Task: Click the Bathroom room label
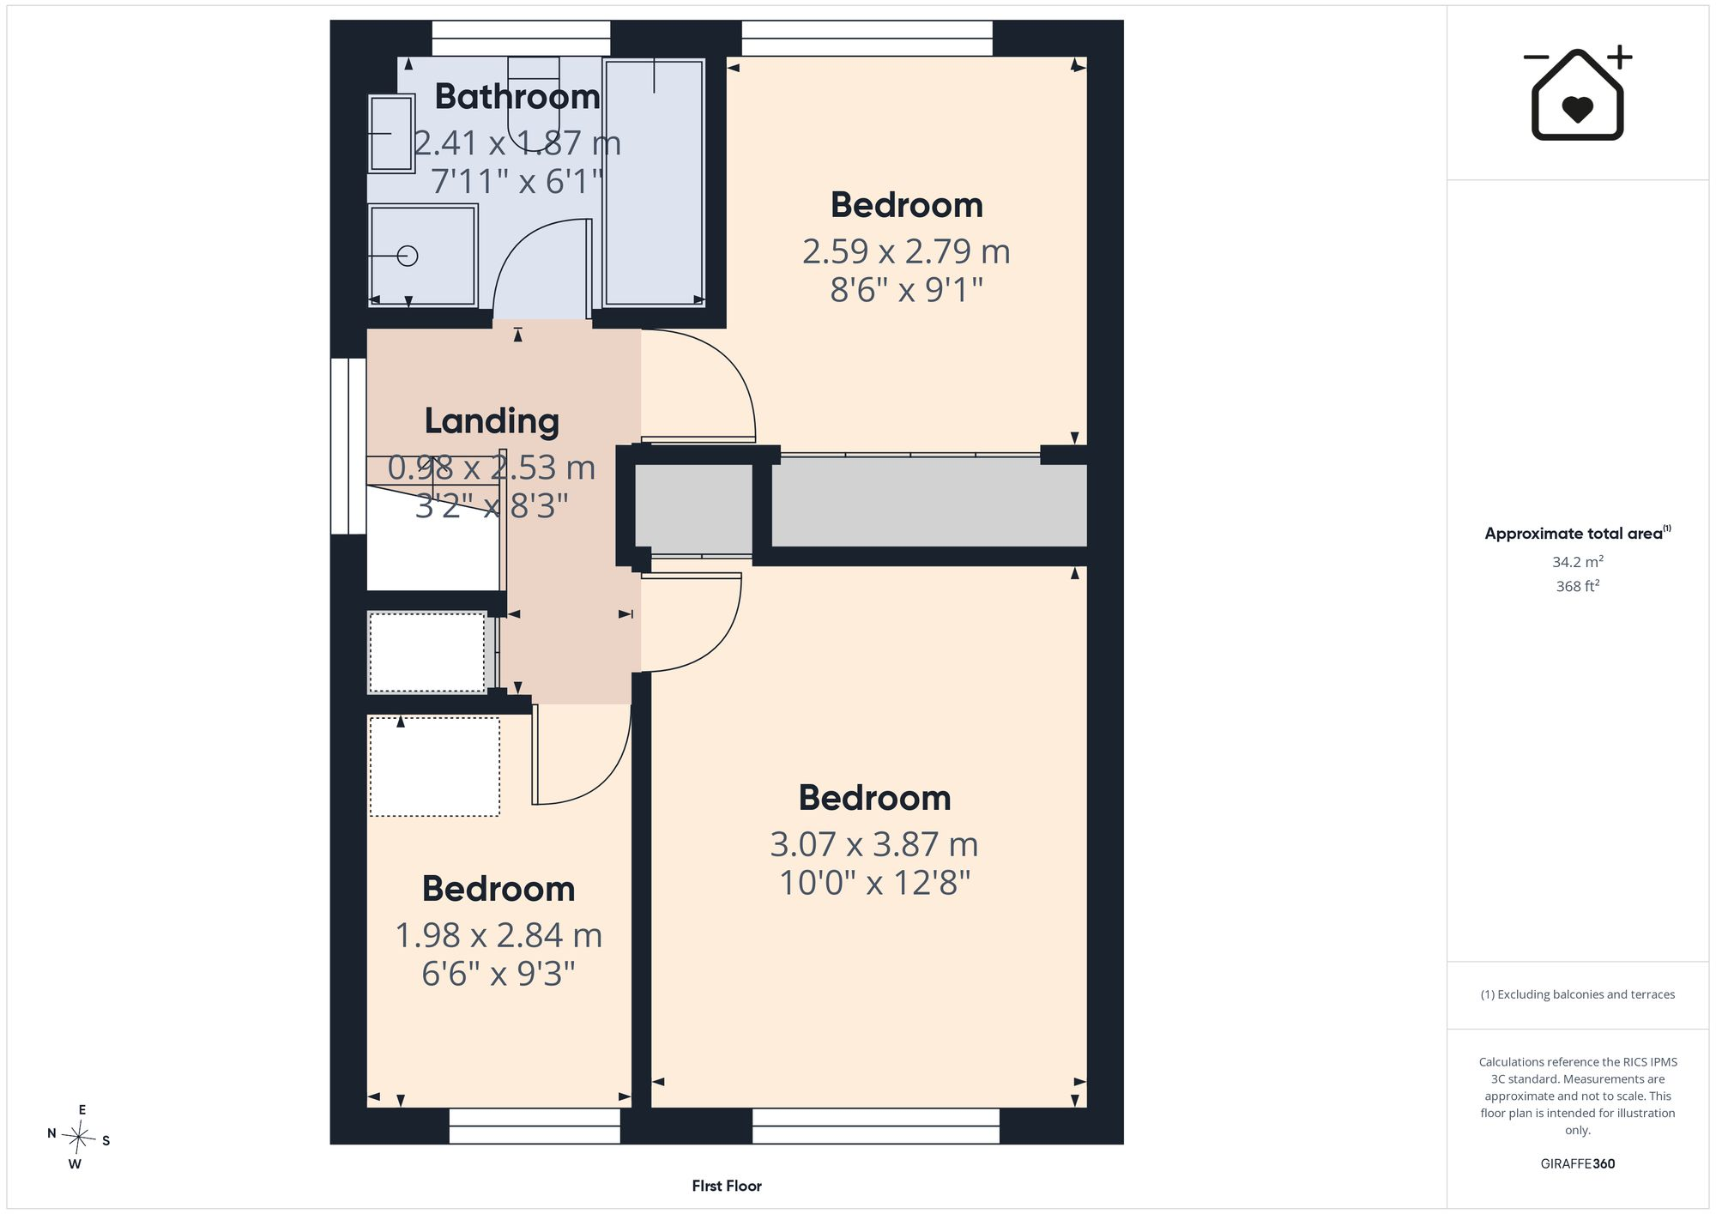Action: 517,96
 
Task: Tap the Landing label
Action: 492,421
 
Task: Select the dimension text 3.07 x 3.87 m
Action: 874,844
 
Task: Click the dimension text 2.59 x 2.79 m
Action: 906,251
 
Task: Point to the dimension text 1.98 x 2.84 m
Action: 498,935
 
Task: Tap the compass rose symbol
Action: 79,1138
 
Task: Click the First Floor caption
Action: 727,1186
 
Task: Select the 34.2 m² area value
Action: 1578,562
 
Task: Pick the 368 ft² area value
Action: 1578,586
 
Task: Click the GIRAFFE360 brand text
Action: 1578,1163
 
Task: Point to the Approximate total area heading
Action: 1578,533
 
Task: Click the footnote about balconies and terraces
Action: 1578,994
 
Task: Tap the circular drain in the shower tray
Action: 408,256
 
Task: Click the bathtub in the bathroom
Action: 654,182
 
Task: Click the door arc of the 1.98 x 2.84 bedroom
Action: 609,772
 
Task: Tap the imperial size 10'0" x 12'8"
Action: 874,883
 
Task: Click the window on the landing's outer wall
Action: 349,446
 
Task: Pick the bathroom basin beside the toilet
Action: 392,133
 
